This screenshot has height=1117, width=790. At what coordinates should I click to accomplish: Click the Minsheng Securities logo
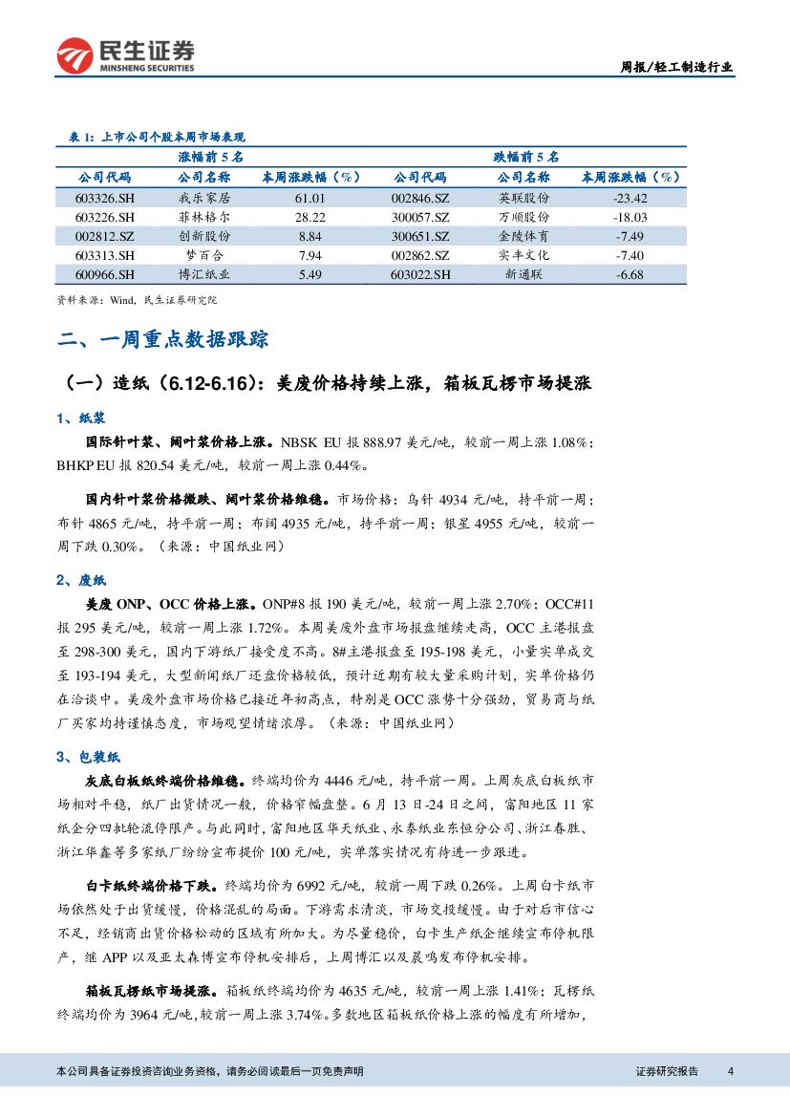[125, 55]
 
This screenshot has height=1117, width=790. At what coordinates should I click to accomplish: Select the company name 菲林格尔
[204, 217]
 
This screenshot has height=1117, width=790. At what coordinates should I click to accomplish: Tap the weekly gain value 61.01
[310, 198]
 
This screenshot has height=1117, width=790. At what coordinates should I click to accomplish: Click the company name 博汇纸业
[204, 274]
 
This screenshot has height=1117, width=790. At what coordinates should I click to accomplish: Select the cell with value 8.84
[310, 236]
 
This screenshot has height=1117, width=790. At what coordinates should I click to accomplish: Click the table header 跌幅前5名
[526, 156]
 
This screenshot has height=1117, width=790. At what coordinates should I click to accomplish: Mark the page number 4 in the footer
[730, 1070]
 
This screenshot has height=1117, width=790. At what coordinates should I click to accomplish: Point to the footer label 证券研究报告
[667, 1070]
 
